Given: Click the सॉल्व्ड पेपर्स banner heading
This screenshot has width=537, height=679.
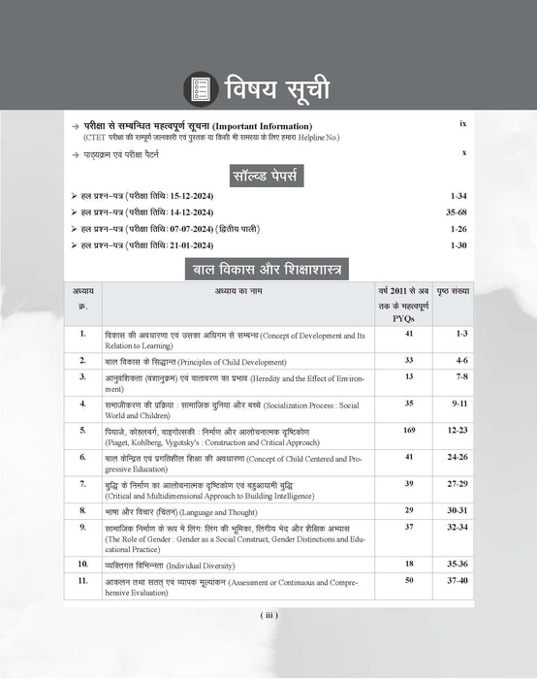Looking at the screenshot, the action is (268, 176).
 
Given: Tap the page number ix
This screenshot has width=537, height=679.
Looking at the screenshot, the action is (462, 125).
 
